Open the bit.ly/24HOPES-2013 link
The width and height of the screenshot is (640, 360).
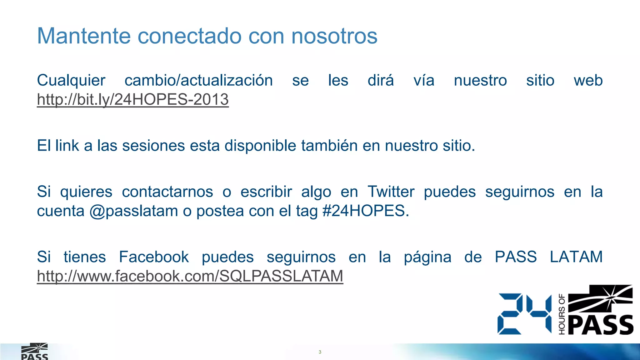pos(133,100)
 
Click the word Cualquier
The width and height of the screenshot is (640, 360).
pos(71,81)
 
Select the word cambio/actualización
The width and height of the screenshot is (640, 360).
pos(199,81)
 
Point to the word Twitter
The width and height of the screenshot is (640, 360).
pos(391,192)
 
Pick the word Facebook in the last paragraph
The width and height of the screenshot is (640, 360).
pos(154,257)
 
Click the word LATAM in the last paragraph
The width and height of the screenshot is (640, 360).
pos(576,257)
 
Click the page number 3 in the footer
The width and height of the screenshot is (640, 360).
pos(320,352)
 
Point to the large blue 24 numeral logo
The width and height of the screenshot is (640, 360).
pos(524,314)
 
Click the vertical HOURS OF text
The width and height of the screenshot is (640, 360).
pos(562,314)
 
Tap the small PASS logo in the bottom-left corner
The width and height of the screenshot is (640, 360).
pos(34,352)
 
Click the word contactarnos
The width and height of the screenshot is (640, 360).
pos(167,192)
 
